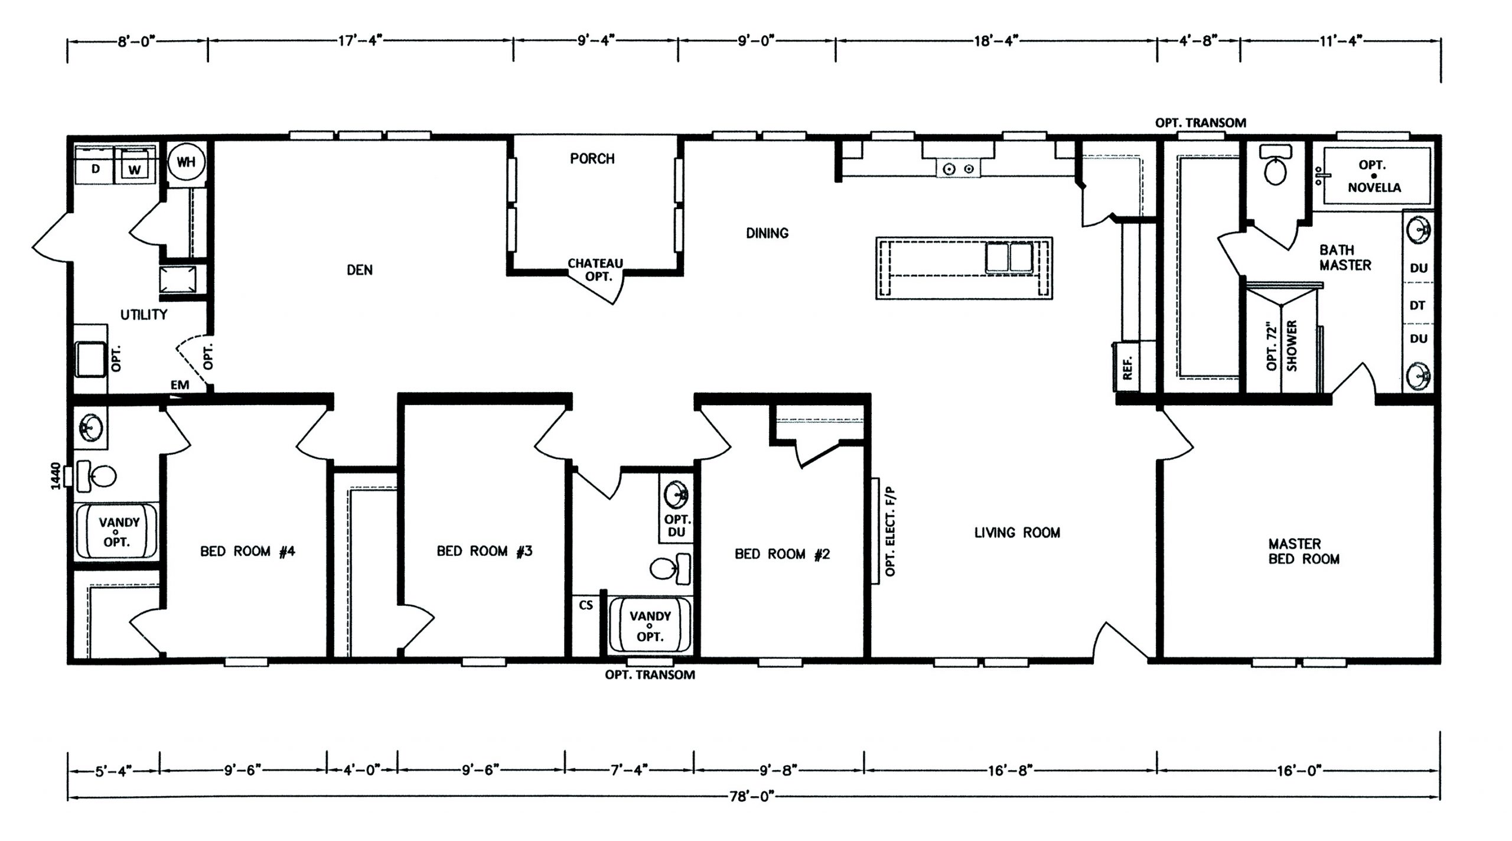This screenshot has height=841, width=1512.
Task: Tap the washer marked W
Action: coord(135,164)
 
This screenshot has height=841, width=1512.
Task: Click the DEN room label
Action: coord(360,270)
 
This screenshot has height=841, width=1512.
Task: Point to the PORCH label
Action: coord(592,158)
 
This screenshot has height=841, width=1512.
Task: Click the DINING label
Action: coord(767,233)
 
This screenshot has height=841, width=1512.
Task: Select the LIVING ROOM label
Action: coord(1017,533)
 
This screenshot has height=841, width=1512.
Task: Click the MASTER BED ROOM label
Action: coord(1304,551)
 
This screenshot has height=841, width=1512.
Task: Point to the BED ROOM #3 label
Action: coord(484,551)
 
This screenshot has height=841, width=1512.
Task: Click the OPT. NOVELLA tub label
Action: coord(1374,176)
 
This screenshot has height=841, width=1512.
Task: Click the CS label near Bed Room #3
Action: coord(586,605)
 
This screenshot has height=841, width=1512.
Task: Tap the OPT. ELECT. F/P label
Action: coord(891,532)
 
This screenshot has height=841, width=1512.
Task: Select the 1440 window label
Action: coord(56,477)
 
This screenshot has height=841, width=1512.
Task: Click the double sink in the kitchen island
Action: coord(1008,257)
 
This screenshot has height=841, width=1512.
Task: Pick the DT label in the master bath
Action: coord(1417,305)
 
